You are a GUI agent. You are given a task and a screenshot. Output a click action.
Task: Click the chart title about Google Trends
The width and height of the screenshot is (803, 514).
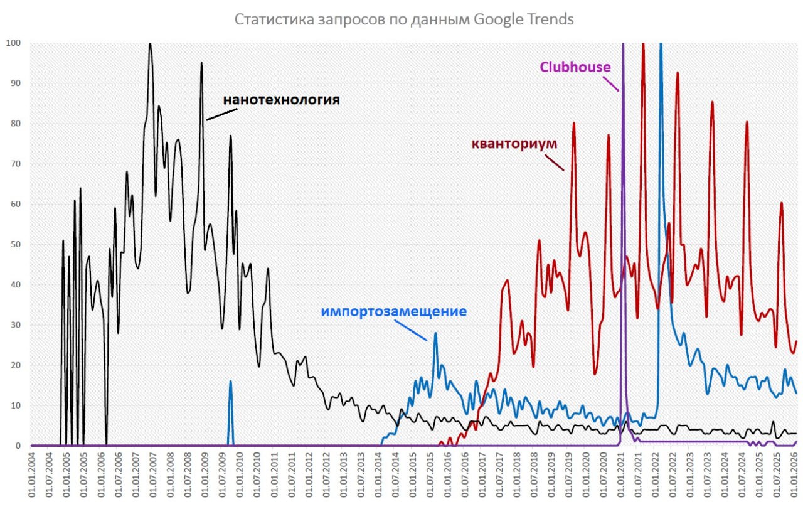[404, 19]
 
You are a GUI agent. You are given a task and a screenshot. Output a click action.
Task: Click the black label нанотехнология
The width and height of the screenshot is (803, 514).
[282, 100]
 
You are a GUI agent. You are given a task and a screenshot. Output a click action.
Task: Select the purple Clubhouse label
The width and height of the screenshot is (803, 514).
[575, 67]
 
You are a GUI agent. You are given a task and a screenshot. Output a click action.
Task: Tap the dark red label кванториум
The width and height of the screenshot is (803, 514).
[514, 144]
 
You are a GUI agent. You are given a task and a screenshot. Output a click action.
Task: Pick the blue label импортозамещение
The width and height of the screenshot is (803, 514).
[393, 311]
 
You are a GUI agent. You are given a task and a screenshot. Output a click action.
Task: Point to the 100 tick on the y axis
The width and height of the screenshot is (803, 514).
[13, 43]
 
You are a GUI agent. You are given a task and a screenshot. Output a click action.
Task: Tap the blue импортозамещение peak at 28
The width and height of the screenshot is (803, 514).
[435, 333]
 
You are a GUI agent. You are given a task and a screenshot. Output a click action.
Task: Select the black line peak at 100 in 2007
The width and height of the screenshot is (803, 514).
[149, 44]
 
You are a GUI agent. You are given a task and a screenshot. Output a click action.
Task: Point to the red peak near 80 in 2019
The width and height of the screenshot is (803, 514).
[573, 124]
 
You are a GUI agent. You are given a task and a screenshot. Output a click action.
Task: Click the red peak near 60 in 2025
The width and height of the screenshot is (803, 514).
[781, 203]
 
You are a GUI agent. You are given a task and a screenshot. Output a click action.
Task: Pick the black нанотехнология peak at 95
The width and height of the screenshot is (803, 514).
[201, 63]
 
